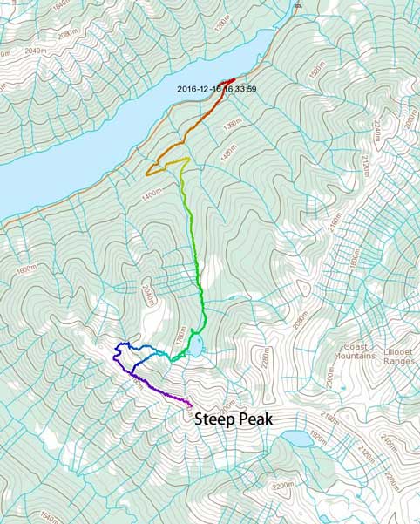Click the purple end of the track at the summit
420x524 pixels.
point(190,404)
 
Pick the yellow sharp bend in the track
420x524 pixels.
point(186,159)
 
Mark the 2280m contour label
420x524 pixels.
point(261,359)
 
